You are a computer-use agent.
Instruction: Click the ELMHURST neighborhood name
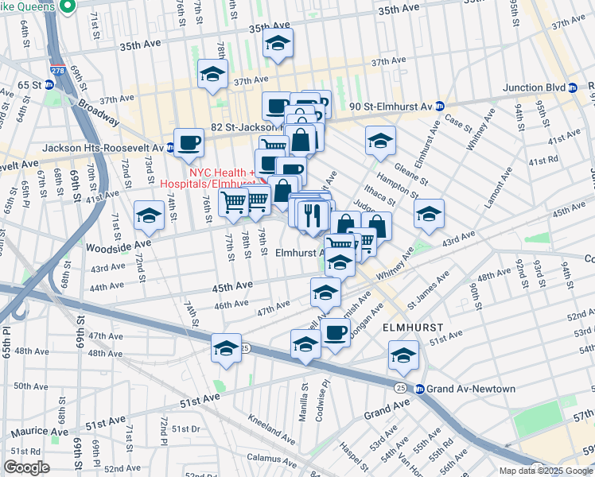point(412,328)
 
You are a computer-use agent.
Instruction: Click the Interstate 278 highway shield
point(57,70)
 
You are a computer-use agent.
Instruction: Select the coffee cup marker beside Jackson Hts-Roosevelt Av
point(189,143)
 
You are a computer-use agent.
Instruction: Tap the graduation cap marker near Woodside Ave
point(149,215)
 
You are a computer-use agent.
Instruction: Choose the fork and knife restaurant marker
point(313,215)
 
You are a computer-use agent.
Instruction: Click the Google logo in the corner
point(27,467)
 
